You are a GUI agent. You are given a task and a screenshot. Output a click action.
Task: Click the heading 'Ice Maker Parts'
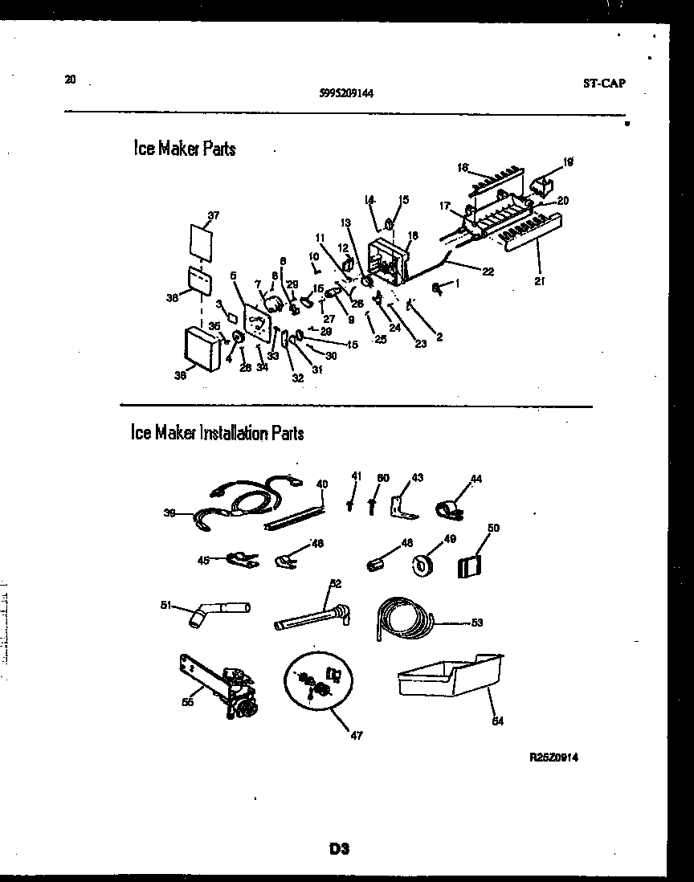(x=185, y=149)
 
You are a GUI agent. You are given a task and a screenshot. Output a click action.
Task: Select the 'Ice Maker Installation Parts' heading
(x=217, y=433)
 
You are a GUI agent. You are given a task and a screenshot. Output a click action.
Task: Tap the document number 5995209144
(x=345, y=92)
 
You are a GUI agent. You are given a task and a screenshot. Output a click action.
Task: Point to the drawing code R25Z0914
(x=553, y=757)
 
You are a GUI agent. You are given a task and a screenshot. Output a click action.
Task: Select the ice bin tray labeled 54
(x=450, y=678)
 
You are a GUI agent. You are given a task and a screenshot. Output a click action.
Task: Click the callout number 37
(x=213, y=215)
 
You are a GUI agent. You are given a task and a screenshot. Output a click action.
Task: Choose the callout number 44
(x=476, y=479)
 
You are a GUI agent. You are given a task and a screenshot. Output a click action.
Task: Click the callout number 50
(x=493, y=528)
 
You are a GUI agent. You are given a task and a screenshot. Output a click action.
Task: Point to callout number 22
(x=487, y=271)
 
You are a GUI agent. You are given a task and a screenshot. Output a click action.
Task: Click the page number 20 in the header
(x=71, y=79)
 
